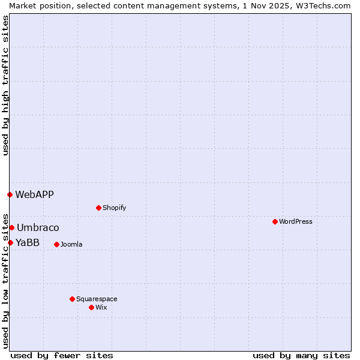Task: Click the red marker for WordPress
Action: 275,221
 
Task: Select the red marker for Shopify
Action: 98,208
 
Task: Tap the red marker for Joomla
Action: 56,244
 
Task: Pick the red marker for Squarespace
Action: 72,299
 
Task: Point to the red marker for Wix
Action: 91,307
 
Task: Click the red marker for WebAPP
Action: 10,194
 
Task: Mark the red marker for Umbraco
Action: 11,227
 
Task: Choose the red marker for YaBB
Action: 10,242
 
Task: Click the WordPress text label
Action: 296,221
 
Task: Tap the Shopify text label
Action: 115,208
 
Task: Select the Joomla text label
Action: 71,244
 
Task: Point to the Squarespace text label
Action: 97,299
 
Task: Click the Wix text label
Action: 101,307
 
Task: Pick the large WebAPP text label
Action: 34,194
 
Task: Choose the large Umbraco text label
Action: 38,227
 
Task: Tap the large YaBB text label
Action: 28,242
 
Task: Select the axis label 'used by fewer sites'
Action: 62,355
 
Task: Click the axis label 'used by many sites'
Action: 301,355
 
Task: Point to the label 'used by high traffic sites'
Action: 5,85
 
